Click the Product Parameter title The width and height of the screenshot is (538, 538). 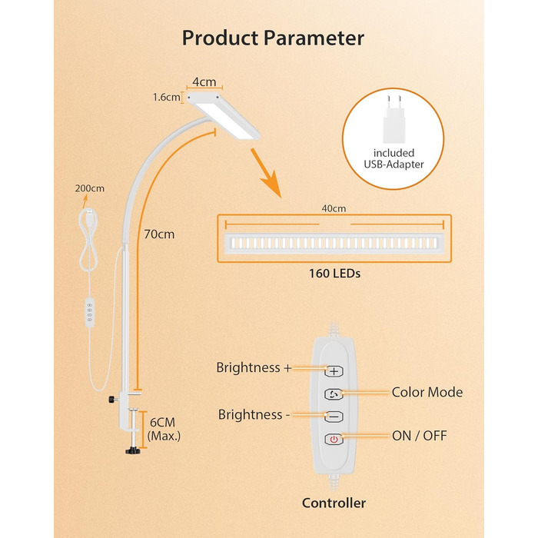point(273,38)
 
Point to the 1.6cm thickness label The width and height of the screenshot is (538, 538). point(166,98)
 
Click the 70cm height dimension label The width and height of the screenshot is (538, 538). point(158,233)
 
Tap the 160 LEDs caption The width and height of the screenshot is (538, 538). point(334,272)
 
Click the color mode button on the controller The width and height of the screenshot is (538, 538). point(334,393)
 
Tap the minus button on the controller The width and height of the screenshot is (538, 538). point(334,416)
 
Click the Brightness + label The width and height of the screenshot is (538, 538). point(254,368)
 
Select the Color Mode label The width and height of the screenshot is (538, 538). point(427,393)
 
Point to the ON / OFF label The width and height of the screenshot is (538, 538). point(419,436)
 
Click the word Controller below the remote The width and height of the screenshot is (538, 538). point(333,503)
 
